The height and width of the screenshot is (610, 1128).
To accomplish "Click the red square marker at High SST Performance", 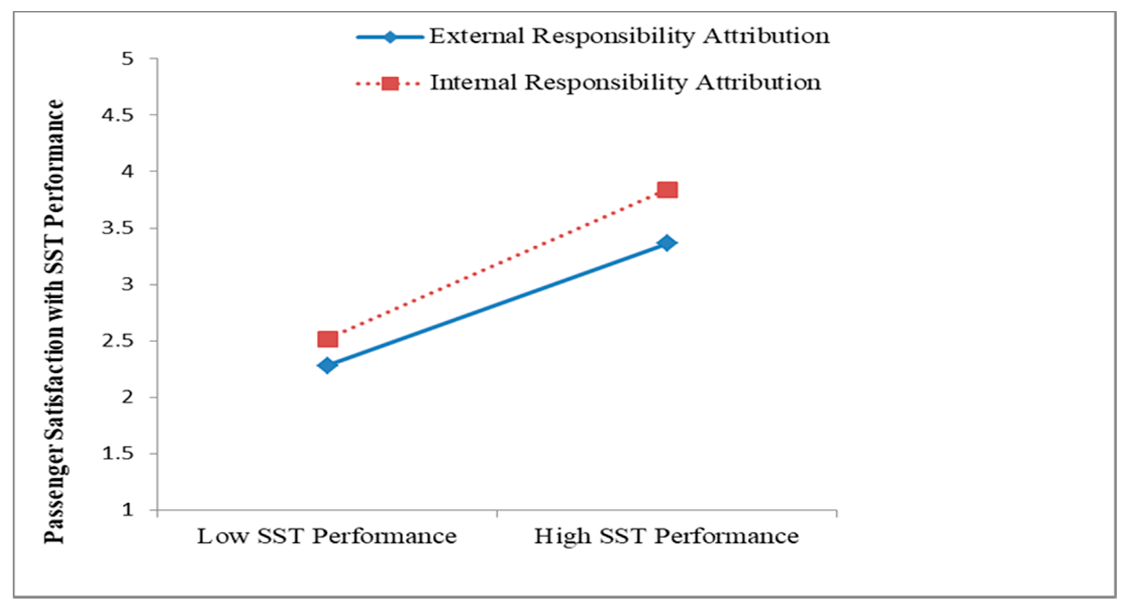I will [x=667, y=190].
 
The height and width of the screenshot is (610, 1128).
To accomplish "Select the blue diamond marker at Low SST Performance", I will [x=327, y=365].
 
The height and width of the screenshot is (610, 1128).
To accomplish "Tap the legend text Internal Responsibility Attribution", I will [x=625, y=82].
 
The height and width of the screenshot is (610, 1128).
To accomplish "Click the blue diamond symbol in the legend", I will [x=390, y=37].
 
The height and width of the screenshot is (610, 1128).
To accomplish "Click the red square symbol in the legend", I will [x=390, y=83].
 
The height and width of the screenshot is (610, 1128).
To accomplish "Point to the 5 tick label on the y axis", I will [x=127, y=59].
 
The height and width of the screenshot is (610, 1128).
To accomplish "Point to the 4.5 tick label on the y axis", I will [x=117, y=115].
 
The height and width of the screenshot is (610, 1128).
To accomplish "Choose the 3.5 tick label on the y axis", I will [x=117, y=228].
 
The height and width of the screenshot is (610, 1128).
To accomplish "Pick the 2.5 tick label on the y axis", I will [x=117, y=341].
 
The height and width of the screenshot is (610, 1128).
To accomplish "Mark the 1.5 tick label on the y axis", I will [x=117, y=454].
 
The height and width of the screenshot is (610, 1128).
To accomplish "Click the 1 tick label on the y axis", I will [x=127, y=510].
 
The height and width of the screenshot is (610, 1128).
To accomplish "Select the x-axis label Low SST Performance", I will [x=327, y=536].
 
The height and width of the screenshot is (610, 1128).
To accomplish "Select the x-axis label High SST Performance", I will [x=667, y=536].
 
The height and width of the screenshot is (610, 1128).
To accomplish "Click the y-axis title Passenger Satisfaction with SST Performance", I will [x=55, y=322].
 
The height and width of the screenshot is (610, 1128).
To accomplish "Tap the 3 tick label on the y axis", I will [x=127, y=285].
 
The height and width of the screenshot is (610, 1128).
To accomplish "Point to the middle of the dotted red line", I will [x=497, y=265].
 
